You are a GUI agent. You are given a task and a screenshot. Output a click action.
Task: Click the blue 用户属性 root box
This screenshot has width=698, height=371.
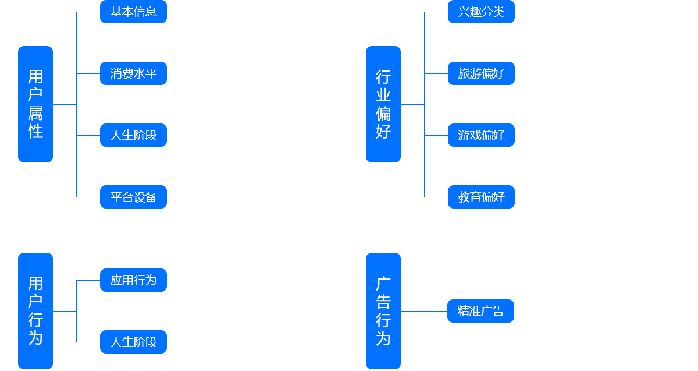[x=35, y=104]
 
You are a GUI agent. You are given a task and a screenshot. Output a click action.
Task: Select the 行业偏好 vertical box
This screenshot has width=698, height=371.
[x=383, y=104]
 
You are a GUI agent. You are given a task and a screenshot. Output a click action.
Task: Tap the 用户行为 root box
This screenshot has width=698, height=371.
[x=35, y=311]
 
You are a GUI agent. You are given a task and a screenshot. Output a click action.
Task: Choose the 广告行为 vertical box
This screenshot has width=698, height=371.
[x=383, y=311]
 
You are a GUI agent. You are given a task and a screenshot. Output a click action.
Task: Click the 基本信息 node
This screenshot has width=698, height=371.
[x=133, y=12]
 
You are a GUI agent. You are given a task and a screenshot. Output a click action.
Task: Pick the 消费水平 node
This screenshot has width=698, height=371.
[x=133, y=74]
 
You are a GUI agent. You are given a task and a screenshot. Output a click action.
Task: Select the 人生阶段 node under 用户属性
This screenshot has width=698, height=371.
[x=133, y=136]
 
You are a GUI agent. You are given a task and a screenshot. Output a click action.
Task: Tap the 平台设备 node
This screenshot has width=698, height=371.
[x=133, y=197]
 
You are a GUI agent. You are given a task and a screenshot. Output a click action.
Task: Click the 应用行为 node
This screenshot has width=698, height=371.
[x=133, y=281]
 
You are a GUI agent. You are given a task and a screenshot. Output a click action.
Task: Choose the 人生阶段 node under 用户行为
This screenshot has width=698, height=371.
[x=133, y=342]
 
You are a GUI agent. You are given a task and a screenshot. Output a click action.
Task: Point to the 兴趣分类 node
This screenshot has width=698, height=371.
[x=481, y=12]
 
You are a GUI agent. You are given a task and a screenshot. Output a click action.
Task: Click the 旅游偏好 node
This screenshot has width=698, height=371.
[x=481, y=74]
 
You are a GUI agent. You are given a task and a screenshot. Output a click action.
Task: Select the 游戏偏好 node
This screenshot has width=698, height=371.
[x=481, y=136]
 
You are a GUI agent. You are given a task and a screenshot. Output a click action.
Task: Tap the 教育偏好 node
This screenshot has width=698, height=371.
[x=481, y=197]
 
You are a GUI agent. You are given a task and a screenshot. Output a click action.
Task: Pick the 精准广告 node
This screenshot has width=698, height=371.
[x=480, y=311]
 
